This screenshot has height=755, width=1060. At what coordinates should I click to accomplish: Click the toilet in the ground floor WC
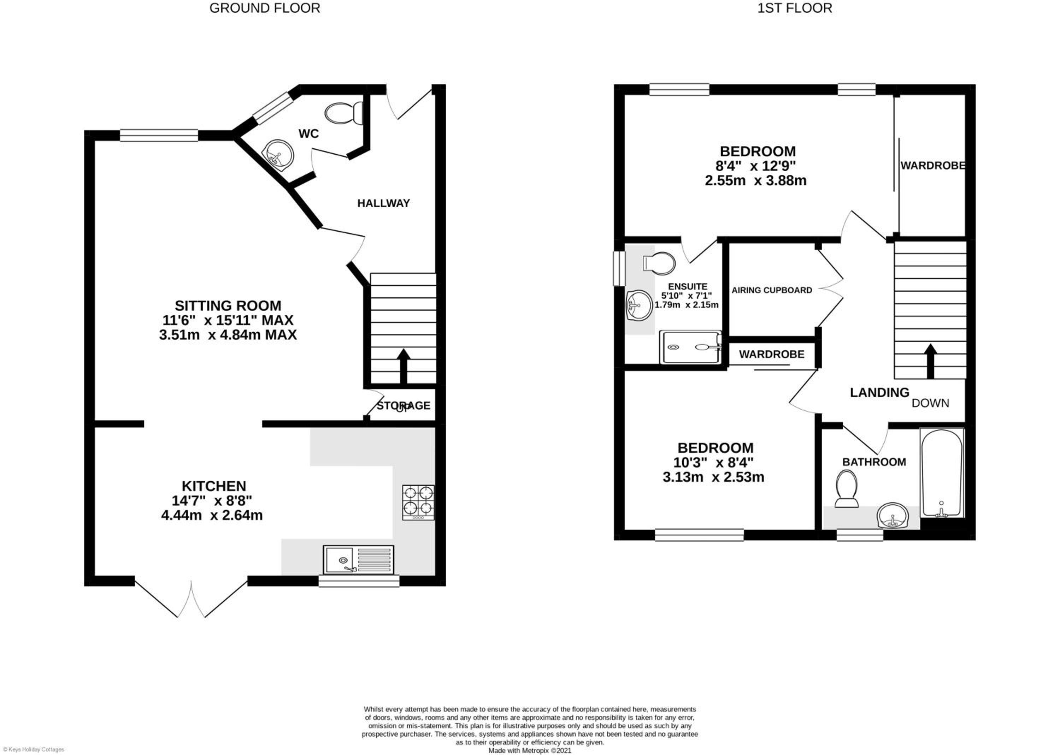344,113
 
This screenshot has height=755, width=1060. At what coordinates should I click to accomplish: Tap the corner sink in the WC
278,153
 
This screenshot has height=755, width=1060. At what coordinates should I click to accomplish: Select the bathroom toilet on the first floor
847,488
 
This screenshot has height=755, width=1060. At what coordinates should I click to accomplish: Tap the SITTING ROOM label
228,305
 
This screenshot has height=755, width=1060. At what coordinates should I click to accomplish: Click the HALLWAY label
383,203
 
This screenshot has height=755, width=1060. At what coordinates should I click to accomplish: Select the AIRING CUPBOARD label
772,290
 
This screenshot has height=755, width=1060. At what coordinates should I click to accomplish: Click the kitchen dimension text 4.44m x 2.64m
212,515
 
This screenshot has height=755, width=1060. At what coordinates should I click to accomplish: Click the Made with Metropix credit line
530,750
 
